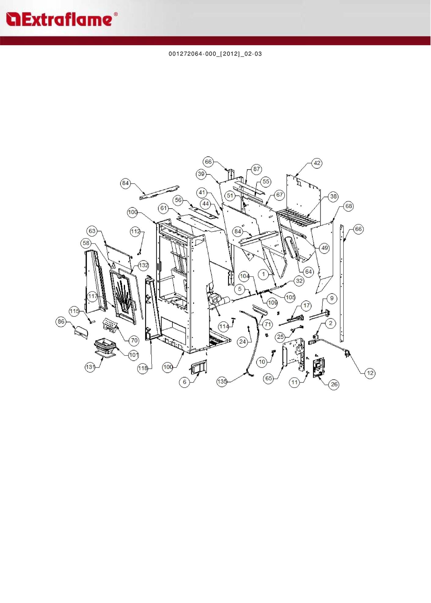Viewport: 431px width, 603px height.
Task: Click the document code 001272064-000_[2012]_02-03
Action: (x=215, y=54)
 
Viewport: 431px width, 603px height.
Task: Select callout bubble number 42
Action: (x=317, y=163)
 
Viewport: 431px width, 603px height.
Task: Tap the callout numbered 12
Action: (x=370, y=373)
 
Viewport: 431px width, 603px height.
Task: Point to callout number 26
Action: (x=334, y=384)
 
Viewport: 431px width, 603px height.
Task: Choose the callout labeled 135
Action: (x=222, y=382)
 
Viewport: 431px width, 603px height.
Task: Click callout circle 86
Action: (x=61, y=321)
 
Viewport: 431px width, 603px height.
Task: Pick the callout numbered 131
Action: (x=90, y=367)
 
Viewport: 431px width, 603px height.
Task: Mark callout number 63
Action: (x=92, y=231)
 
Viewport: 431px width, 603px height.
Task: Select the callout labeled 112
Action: (x=135, y=232)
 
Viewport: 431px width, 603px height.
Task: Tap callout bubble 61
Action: (x=164, y=208)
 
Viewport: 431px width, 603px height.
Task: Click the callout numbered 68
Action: (x=349, y=206)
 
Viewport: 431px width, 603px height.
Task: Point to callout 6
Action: (x=184, y=382)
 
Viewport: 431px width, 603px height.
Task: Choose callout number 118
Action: (x=143, y=368)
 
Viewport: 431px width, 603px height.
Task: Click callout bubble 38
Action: (x=333, y=196)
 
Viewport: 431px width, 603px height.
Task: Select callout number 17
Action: (x=307, y=305)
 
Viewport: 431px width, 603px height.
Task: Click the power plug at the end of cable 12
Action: (x=347, y=353)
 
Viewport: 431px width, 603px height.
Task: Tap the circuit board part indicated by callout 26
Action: (x=319, y=367)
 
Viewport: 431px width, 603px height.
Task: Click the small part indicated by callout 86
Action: (x=81, y=332)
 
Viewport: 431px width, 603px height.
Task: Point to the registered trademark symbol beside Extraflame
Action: (x=116, y=14)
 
